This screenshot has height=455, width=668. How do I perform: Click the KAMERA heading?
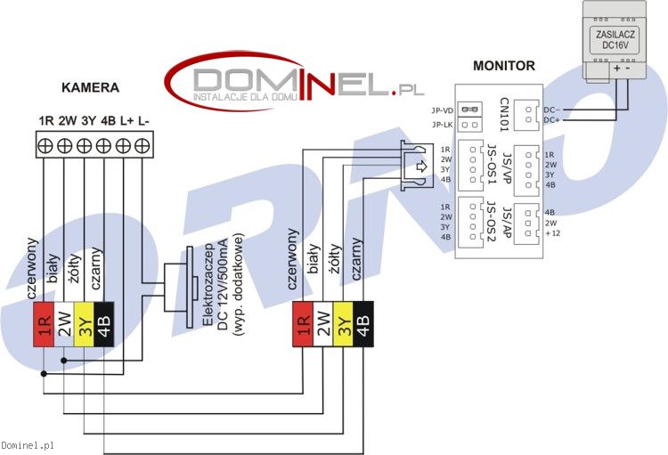(x=90, y=87)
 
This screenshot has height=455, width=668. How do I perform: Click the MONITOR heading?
(x=504, y=66)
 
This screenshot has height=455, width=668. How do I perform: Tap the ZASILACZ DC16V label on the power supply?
(x=615, y=39)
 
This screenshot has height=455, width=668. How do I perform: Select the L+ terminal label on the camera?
(x=126, y=121)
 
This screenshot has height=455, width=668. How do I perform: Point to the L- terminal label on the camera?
(x=143, y=121)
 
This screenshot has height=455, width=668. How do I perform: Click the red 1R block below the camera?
(x=44, y=325)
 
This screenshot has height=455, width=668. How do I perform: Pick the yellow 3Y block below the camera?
(x=85, y=325)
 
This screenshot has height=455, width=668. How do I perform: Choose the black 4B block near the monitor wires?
(x=363, y=324)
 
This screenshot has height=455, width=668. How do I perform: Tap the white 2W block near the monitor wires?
(x=323, y=324)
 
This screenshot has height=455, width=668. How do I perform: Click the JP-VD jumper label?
(x=442, y=110)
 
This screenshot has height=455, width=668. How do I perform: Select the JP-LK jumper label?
(x=442, y=125)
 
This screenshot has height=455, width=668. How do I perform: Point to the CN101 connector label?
(x=504, y=114)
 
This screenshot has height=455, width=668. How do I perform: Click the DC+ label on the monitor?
(x=551, y=120)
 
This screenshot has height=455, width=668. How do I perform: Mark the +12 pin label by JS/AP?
(x=552, y=233)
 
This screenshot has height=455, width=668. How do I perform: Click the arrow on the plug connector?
(x=421, y=167)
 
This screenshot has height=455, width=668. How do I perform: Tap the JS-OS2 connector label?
(x=491, y=221)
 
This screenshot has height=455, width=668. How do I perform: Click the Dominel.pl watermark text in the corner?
(x=28, y=445)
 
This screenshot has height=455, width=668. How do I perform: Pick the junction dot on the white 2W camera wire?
(x=64, y=361)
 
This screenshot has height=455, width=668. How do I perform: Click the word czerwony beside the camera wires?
(x=32, y=268)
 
